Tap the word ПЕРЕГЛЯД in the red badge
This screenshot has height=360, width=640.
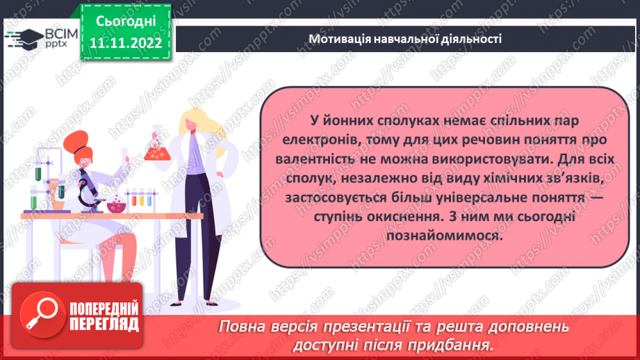pos(104,325)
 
